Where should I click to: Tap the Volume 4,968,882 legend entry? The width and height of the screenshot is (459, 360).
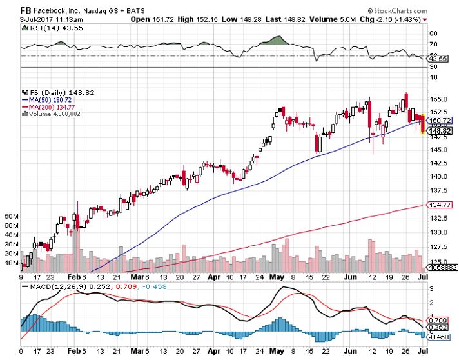pos(52,114)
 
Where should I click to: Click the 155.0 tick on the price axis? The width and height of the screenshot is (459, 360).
pos(440,99)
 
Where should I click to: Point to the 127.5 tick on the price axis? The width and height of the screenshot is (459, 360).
pos(440,246)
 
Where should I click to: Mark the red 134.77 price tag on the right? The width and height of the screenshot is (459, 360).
pos(441,205)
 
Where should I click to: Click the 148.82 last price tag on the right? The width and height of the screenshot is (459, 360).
pos(441,130)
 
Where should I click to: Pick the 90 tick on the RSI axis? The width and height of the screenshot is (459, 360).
pos(434,34)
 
